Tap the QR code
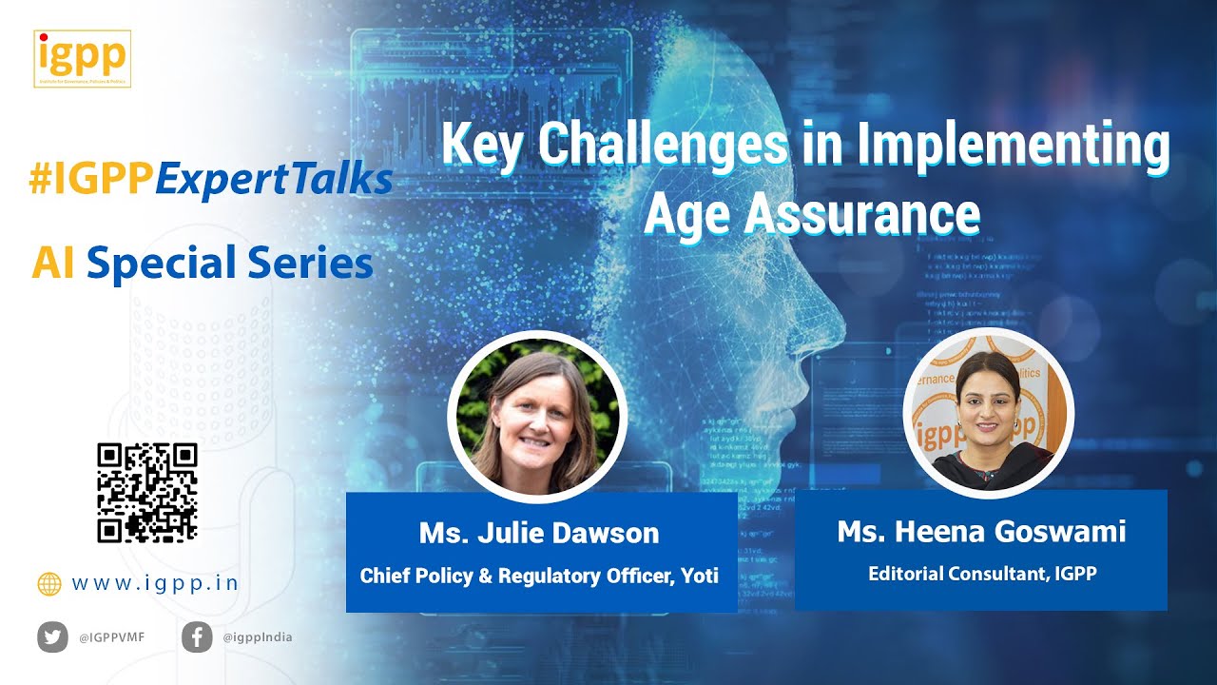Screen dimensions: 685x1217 point(147,493)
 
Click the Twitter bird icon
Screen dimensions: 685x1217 point(52,637)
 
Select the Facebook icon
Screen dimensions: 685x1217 point(197,637)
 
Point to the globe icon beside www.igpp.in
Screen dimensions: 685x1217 point(49,583)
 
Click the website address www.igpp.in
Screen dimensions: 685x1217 point(155,583)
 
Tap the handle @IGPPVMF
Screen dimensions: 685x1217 point(110,637)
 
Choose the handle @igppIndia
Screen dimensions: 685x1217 point(257,637)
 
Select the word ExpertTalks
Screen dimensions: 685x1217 point(274,179)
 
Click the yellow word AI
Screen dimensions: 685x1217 point(53,264)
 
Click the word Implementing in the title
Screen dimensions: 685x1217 point(1013,147)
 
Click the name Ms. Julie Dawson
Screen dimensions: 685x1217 point(539,534)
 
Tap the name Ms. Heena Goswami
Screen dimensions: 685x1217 point(981,532)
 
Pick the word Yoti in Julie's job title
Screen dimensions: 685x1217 point(700,576)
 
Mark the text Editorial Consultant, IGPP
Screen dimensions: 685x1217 point(982,574)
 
